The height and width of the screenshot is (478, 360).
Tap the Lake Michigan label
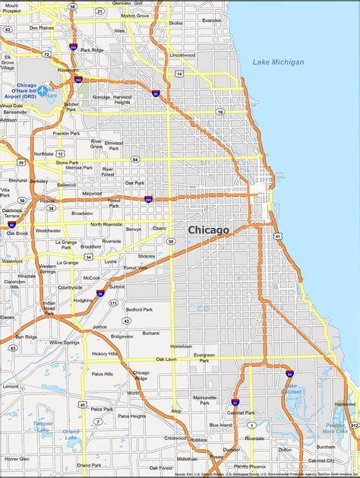point(277,62)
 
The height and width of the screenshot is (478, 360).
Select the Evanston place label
point(212,21)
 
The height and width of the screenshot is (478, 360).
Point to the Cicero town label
point(159,227)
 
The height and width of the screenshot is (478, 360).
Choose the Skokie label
point(175,23)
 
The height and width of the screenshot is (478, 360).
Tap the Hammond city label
point(345,404)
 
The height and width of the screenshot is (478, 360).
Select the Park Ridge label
point(91,51)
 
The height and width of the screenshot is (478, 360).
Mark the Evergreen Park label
point(204,357)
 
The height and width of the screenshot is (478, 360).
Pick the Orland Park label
point(89,464)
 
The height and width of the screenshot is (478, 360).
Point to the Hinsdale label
point(27,276)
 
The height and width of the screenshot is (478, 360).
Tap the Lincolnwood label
point(183,55)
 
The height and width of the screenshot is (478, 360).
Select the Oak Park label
point(134,182)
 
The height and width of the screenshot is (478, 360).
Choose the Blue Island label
point(220,425)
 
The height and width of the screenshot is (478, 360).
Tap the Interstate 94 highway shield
point(289,375)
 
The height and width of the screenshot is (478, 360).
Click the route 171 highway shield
point(112,302)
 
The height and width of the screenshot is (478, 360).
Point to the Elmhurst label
point(17,180)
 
